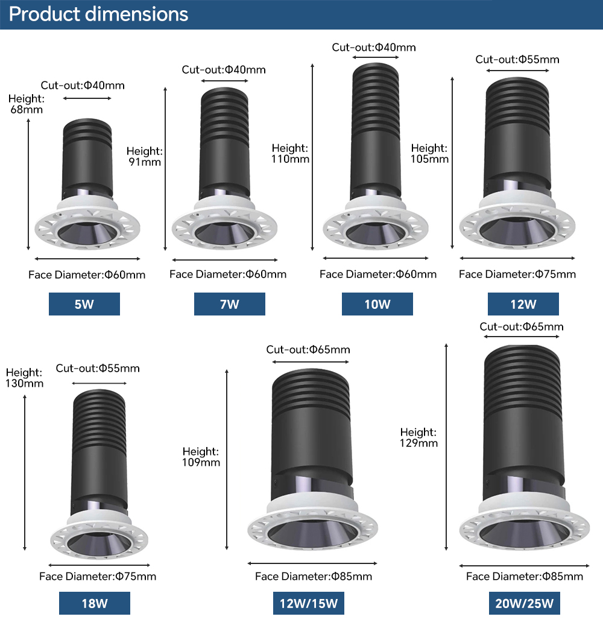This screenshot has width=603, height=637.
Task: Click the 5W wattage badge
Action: [x=84, y=304]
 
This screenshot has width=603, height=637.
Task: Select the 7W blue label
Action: [x=229, y=304]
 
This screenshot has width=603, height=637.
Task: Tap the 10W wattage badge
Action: [x=377, y=304]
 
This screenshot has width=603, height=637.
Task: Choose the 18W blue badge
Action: [x=95, y=603]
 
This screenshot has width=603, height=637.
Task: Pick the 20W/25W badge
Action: [x=524, y=603]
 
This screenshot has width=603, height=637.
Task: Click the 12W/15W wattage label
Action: [x=309, y=603]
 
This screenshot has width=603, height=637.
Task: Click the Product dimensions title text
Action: [x=98, y=14]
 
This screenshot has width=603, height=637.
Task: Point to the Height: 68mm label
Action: [x=27, y=104]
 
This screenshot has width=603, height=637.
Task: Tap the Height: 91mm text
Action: [x=145, y=156]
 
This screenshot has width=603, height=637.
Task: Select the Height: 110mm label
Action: [x=290, y=153]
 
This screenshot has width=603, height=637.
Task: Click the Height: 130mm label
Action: [x=24, y=378]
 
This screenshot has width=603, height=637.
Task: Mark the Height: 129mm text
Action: [x=418, y=437]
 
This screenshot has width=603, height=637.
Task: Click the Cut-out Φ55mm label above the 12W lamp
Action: [x=517, y=59]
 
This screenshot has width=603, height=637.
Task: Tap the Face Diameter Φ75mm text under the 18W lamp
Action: [x=98, y=576]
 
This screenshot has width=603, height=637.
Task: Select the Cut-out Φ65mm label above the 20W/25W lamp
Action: [x=522, y=326]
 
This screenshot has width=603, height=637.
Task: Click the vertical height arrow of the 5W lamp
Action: [x=28, y=184]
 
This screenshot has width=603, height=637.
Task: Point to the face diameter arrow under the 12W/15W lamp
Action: [x=312, y=563]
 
